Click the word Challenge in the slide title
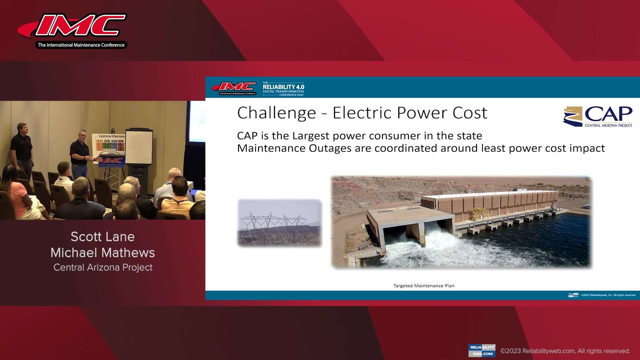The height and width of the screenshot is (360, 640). (276, 113)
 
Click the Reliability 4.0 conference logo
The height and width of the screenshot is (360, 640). (283, 89)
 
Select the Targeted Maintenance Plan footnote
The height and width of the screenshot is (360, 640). (424, 286)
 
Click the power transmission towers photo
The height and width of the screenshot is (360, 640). (279, 223)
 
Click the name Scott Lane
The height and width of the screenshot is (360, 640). (103, 237)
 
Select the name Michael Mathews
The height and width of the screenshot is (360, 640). (103, 253)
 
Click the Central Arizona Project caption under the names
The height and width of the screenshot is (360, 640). (103, 267)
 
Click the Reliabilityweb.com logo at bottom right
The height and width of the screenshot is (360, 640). (482, 350)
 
